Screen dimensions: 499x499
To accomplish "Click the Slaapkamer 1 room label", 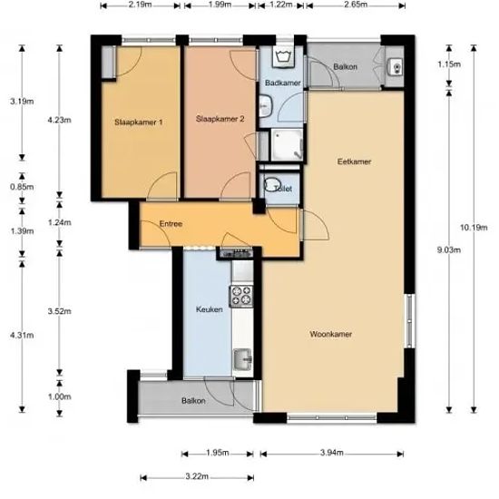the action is click(139, 122).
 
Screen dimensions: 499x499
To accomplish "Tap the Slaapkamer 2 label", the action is click(220, 119).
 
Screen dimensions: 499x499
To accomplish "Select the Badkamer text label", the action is click(282, 83).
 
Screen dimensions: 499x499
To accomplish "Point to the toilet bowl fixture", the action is click(272, 184).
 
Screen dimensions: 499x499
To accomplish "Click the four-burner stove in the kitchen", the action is click(241, 297).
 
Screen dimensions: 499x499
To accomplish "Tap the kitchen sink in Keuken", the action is click(243, 359).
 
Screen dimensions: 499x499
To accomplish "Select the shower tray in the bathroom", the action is click(287, 144).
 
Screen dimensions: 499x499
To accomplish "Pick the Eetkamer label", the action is click(354, 161).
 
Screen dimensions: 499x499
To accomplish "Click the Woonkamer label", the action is click(330, 334).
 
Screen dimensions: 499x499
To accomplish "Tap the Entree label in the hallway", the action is click(171, 224).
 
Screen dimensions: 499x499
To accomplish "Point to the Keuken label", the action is click(209, 309).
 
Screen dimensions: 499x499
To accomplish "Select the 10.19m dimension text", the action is click(474, 228).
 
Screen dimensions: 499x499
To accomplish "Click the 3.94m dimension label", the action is click(331, 453).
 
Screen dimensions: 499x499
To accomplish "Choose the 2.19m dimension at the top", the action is click(141, 5).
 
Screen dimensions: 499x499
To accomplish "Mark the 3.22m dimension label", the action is click(197, 476).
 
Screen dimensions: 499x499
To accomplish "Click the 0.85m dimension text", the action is click(22, 187).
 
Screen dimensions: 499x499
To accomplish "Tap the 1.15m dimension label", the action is click(449, 64).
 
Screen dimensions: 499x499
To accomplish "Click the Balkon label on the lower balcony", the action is click(193, 401).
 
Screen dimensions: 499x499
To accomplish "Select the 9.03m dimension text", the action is click(449, 249).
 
